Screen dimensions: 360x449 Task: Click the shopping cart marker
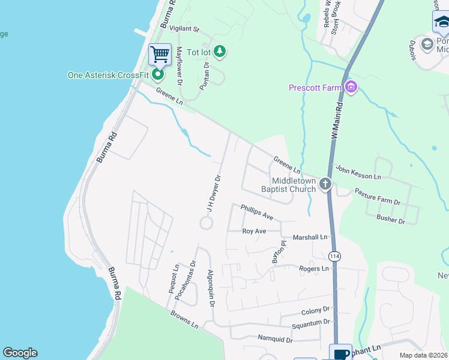[x=160, y=55]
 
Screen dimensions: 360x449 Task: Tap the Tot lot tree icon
[x=220, y=52]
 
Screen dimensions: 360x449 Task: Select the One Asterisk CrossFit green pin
[x=158, y=75]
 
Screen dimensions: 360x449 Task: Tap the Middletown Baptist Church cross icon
[x=325, y=184]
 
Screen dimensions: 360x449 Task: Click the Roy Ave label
[x=254, y=231]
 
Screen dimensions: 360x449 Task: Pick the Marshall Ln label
[x=310, y=238]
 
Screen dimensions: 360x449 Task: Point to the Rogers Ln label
[x=314, y=269]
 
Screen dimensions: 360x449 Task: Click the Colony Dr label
[x=316, y=310]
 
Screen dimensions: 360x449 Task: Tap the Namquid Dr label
[x=275, y=340]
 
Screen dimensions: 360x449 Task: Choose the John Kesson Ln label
[x=358, y=173]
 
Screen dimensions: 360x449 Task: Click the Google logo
[x=20, y=353]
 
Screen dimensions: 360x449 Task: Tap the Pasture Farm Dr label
[x=377, y=196]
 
